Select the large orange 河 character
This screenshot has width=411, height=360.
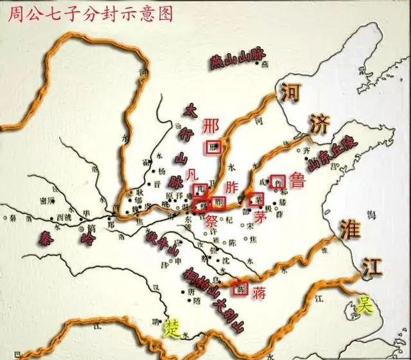pos(290,94)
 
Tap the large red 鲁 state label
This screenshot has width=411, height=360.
pos(299,182)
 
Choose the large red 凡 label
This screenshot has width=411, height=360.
pos(190,174)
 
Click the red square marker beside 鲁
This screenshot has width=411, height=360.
pos(277,182)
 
